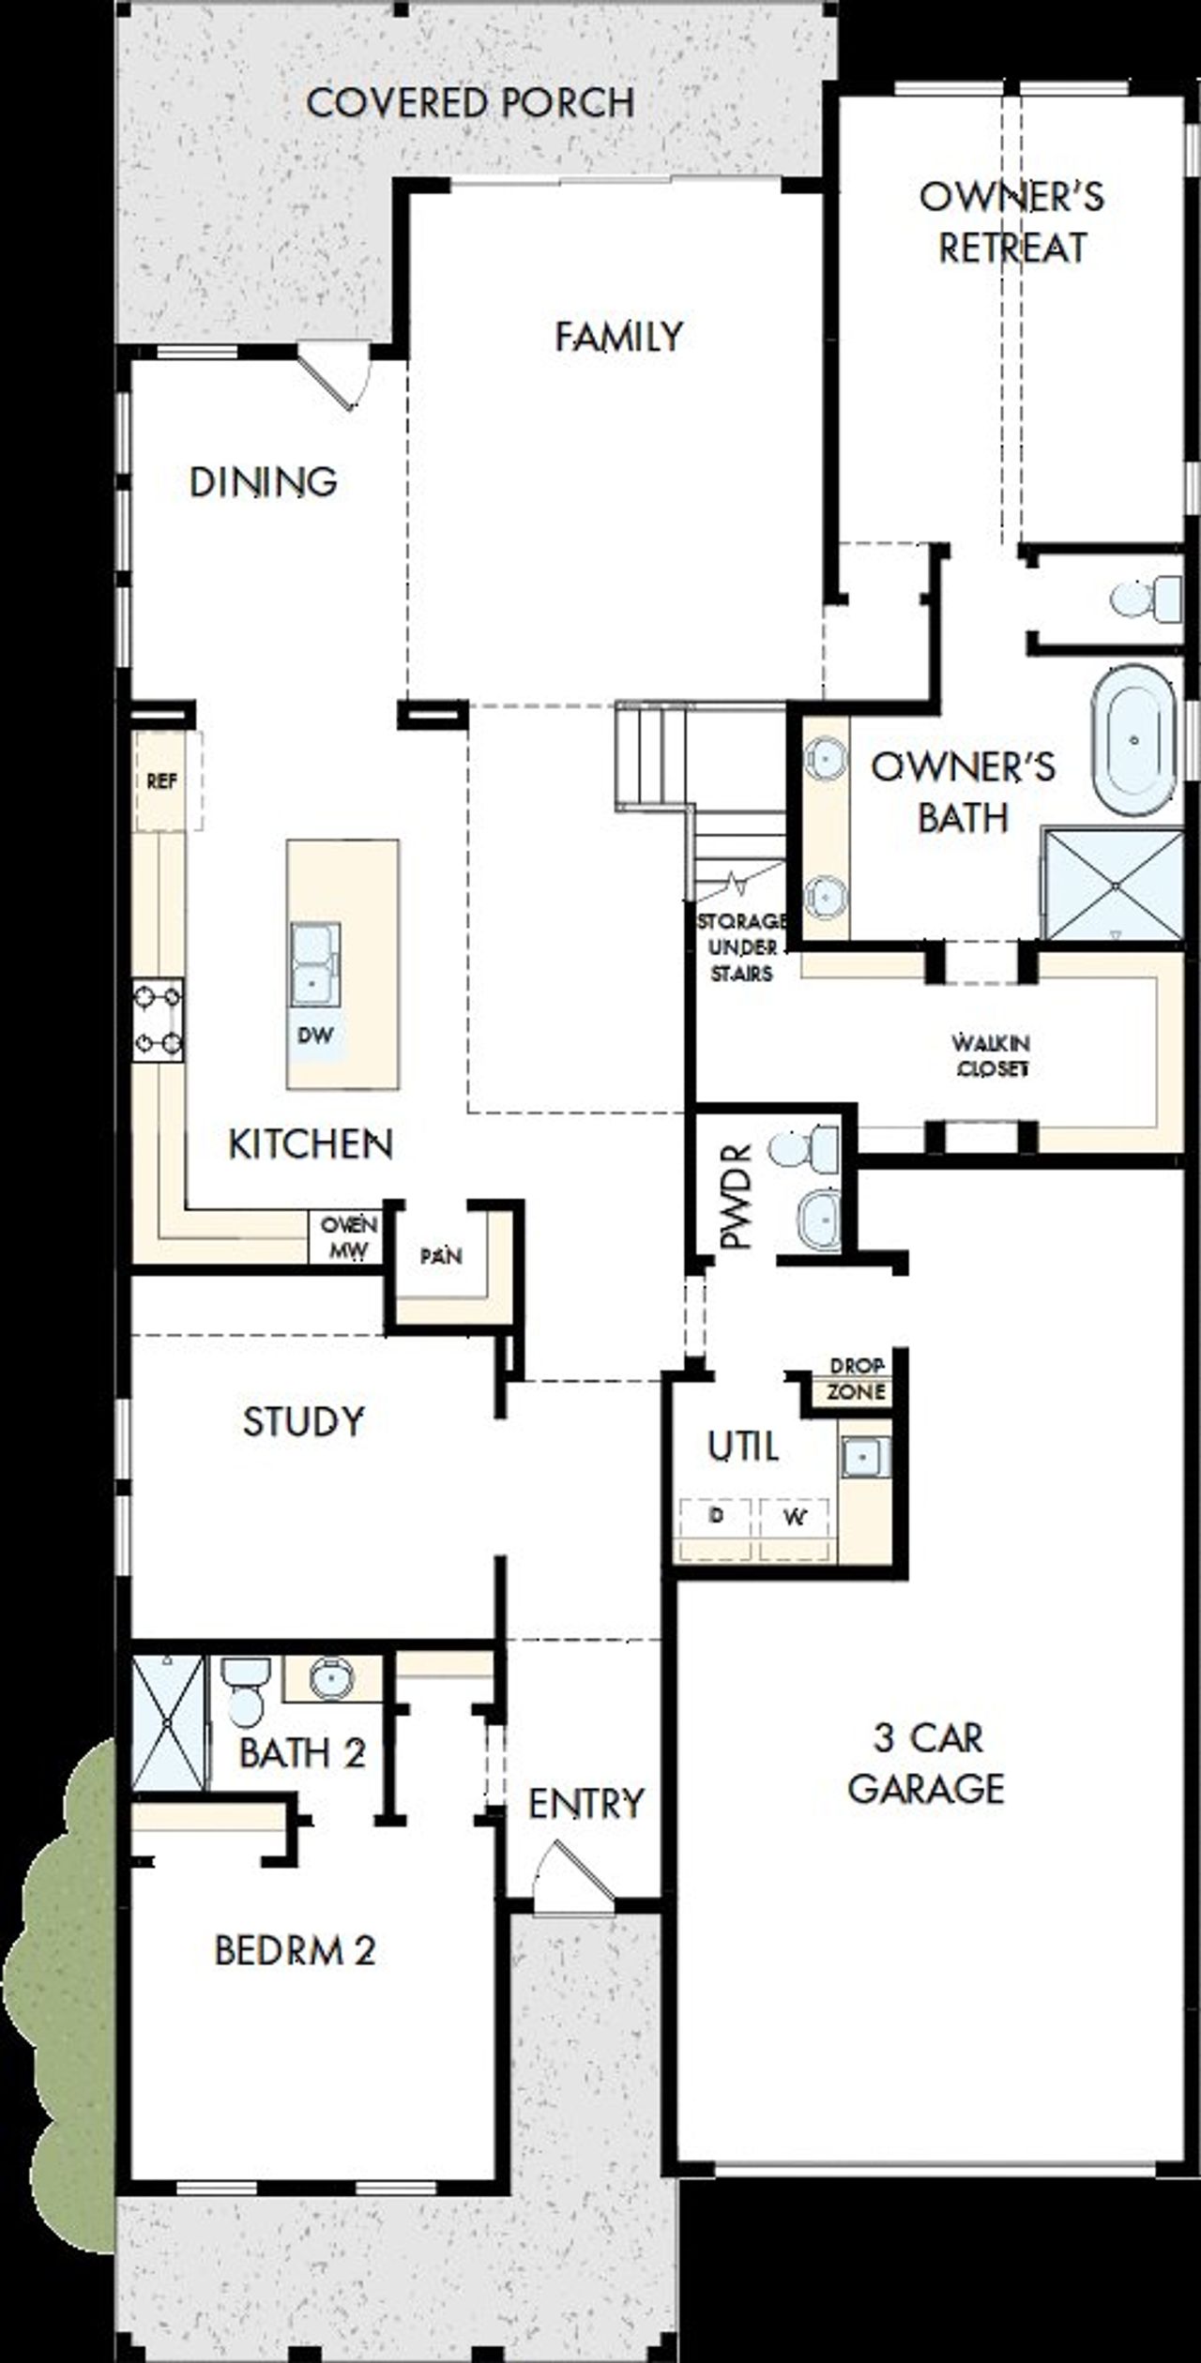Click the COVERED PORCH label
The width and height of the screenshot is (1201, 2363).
pos(470,102)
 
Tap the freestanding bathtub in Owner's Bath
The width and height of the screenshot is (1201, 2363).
pos(1133,740)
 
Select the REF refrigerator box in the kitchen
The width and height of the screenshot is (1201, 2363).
pos(161,781)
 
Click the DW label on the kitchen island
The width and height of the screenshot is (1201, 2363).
pos(315,1036)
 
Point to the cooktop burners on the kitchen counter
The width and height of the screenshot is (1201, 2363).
pos(158,1020)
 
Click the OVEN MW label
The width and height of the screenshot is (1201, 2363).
pos(348,1237)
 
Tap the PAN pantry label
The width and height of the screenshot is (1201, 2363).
pos(440,1255)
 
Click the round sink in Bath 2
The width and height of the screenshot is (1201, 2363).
pos(331,1676)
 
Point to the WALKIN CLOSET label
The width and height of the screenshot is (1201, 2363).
pos(992,1055)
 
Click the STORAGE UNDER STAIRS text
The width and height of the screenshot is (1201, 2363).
pos(740,947)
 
